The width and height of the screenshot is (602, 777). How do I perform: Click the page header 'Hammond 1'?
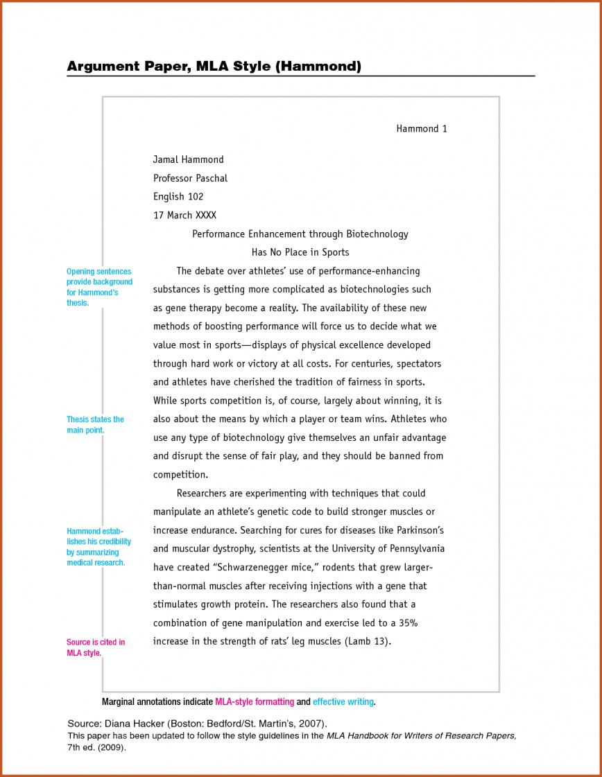[422, 129]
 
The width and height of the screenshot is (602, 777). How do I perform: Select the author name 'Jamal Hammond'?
[188, 159]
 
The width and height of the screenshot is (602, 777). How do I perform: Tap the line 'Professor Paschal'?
[190, 178]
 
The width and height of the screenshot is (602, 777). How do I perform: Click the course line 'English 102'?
[178, 197]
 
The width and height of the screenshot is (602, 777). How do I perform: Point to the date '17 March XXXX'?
[184, 216]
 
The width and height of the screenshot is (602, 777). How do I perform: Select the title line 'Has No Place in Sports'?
[300, 252]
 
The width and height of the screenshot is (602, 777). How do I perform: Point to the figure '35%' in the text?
[408, 622]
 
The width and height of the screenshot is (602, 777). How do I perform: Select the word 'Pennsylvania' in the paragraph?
[414, 548]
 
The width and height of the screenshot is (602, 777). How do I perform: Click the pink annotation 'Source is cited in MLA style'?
[96, 647]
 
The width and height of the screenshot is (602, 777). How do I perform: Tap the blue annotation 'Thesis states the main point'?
[95, 425]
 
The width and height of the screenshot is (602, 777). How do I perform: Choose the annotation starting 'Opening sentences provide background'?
[99, 287]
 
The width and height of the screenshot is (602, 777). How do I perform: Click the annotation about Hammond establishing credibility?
[98, 547]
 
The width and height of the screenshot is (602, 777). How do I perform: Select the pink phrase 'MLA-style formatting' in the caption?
[255, 702]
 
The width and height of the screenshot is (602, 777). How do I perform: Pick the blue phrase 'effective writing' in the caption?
[343, 702]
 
